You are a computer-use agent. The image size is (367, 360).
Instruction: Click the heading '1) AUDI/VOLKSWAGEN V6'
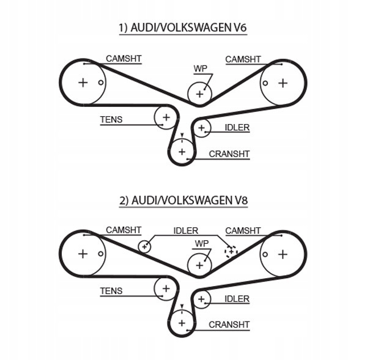coord(183,28)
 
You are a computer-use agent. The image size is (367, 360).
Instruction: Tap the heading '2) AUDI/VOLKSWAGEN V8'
coord(183,200)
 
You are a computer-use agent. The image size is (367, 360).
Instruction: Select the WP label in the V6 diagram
coord(201,68)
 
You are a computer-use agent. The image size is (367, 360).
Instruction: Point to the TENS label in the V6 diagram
coord(111,120)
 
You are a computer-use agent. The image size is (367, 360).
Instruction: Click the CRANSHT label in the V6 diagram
coord(229,154)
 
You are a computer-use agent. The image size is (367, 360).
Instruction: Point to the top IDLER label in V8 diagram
coord(185,231)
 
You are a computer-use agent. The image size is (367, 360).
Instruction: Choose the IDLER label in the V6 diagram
coord(237,128)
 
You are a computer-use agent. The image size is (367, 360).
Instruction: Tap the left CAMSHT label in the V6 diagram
coord(124,59)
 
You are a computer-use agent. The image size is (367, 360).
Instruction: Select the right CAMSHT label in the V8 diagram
coord(243,230)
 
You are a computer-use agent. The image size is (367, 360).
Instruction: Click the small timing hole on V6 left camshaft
coord(101,83)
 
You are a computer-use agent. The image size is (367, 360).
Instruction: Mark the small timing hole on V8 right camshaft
coord(265,254)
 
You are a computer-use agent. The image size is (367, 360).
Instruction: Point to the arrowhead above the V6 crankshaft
coord(182,135)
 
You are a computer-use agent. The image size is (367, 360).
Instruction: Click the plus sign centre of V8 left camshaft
coord(83,254)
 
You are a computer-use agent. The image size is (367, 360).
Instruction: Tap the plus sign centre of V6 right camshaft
coord(283,83)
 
